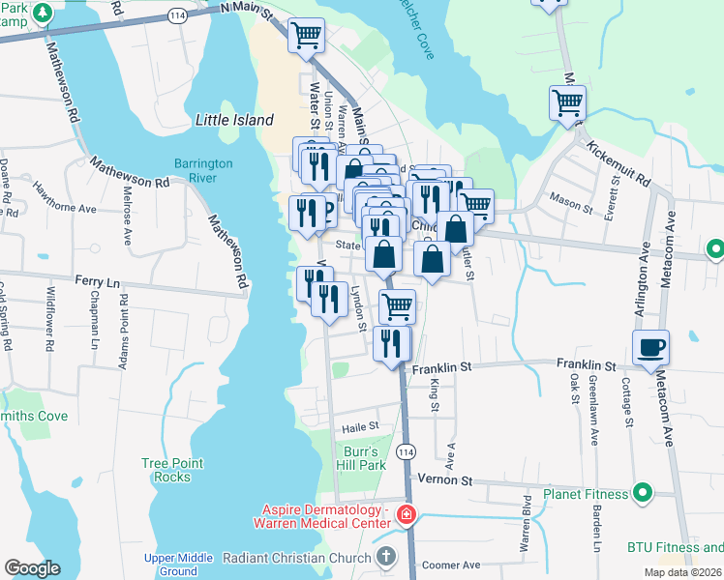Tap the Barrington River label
click(x=203, y=170)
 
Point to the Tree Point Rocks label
click(x=172, y=470)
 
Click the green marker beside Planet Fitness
click(x=641, y=494)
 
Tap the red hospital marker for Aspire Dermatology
click(x=407, y=515)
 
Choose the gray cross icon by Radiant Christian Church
click(x=386, y=557)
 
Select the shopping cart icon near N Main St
click(x=306, y=36)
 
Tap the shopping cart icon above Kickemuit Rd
click(x=567, y=101)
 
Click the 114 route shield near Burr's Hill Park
click(x=407, y=452)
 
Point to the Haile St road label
click(x=358, y=426)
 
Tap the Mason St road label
click(x=570, y=205)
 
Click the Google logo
click(x=32, y=568)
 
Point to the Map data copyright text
click(x=682, y=572)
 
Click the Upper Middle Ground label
click(x=178, y=565)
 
